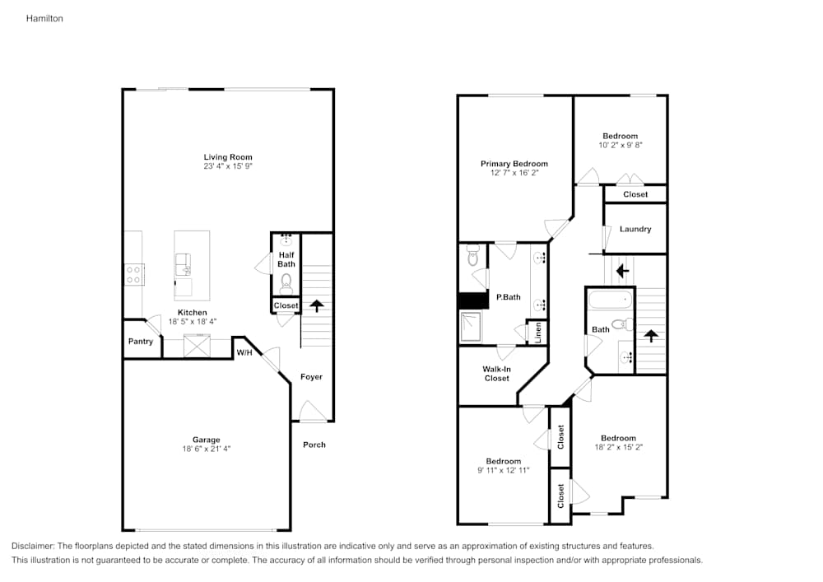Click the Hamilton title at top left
[x=44, y=17]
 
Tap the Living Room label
[x=228, y=156]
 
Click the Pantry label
[x=140, y=341]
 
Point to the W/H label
[x=244, y=352]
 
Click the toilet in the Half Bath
[x=286, y=283]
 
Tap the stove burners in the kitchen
[x=134, y=274]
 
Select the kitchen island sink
[x=184, y=265]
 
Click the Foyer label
[x=311, y=376]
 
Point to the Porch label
[x=314, y=445]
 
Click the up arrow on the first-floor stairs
[x=316, y=307]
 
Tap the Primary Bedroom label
[x=514, y=164]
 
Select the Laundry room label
[x=635, y=229]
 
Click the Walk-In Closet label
[x=496, y=374]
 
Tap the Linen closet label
[x=537, y=333]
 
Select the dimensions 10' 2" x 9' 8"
[x=621, y=144]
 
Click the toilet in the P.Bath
[x=472, y=259]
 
